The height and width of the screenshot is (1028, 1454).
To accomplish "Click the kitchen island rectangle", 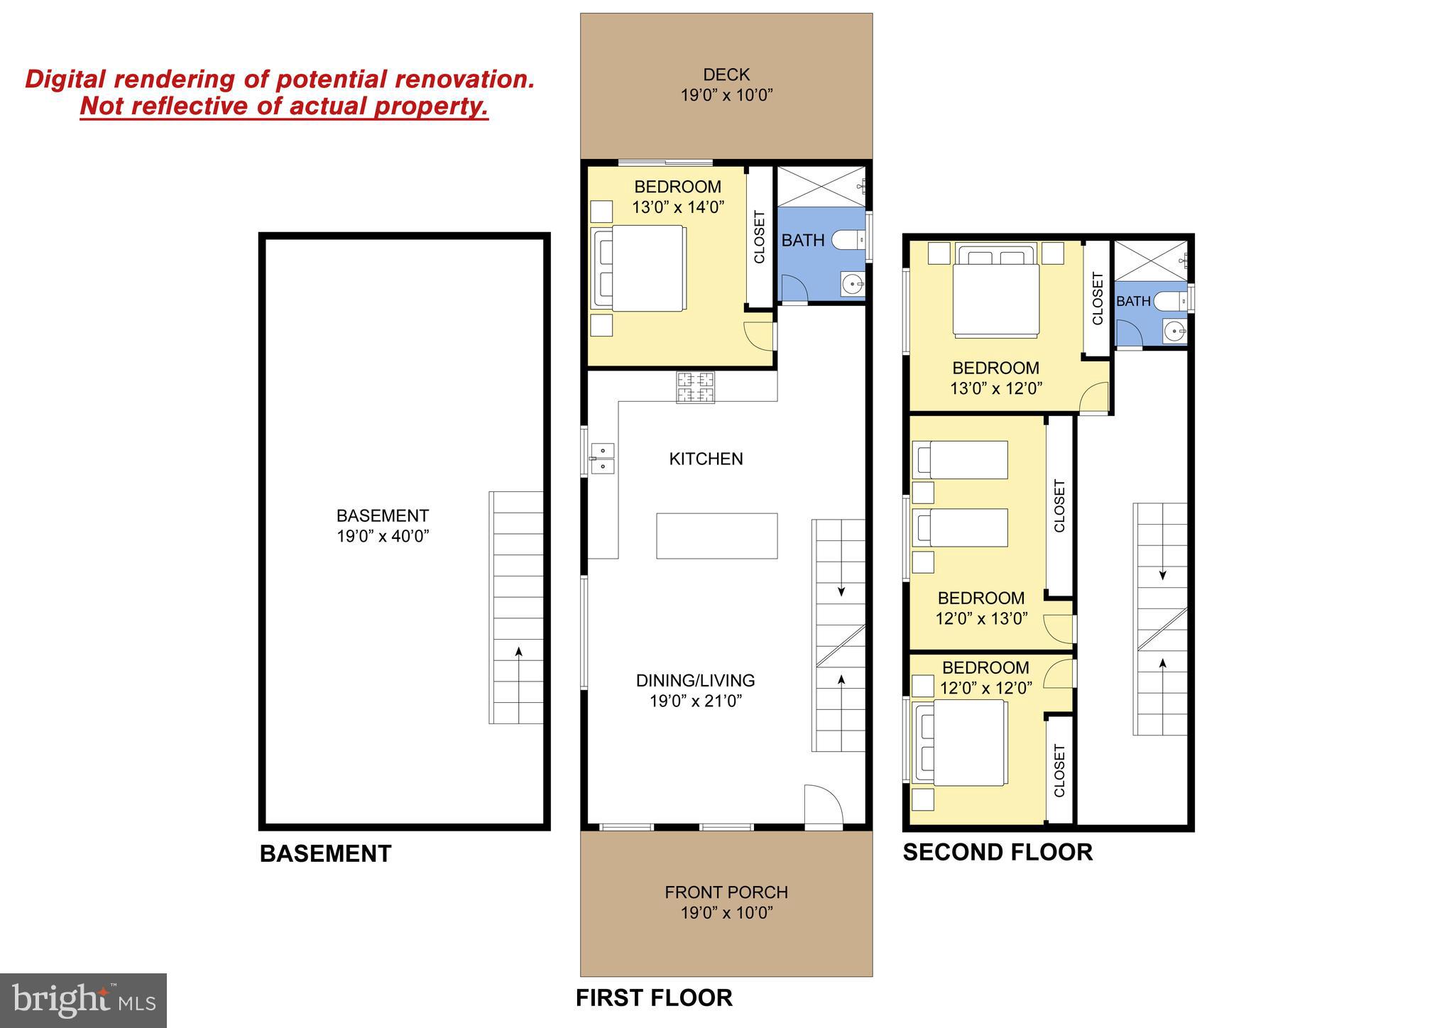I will click(716, 536).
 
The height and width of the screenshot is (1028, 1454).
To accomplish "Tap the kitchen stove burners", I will click(695, 388).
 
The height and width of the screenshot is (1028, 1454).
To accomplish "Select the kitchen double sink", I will click(602, 458).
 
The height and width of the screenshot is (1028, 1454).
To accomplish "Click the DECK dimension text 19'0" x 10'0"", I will click(726, 95).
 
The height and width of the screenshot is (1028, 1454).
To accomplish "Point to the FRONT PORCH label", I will click(726, 892).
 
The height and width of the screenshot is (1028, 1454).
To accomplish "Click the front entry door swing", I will click(822, 806).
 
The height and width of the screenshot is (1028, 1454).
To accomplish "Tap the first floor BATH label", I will click(803, 241).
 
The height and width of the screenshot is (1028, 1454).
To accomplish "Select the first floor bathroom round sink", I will click(852, 285).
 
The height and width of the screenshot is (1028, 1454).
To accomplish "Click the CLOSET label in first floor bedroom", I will click(760, 237).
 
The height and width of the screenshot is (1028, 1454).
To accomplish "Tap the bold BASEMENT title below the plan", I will click(325, 853).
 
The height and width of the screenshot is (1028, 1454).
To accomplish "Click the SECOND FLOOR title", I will click(997, 852).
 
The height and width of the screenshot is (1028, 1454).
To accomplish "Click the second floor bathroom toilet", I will click(1169, 302).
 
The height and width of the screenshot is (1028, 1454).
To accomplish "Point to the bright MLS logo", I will click(83, 1000).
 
